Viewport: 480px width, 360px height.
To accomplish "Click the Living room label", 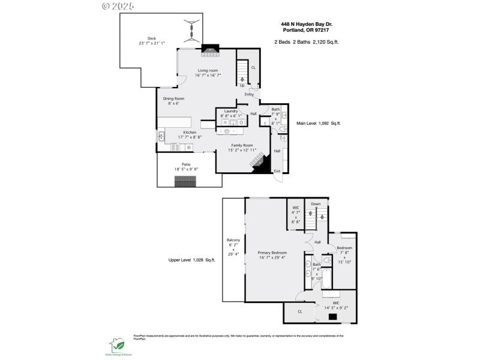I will pyautogui.click(x=208, y=71).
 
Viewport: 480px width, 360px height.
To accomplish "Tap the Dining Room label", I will pyautogui.click(x=173, y=98).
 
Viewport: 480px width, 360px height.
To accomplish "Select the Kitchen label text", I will pyautogui.click(x=190, y=132).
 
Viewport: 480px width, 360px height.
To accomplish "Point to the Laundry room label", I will pyautogui.click(x=232, y=111).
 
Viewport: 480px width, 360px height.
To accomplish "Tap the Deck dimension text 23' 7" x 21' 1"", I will pyautogui.click(x=152, y=43).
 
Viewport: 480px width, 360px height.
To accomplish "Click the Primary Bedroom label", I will pyautogui.click(x=272, y=253).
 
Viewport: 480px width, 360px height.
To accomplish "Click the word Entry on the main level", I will pyautogui.click(x=249, y=95).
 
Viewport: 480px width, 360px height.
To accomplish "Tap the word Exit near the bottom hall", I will pyautogui.click(x=277, y=172).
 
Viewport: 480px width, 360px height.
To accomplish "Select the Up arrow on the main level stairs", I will pyautogui.click(x=242, y=80).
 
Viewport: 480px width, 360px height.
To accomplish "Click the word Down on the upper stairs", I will pyautogui.click(x=316, y=204).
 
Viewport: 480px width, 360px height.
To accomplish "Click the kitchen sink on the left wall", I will pyautogui.click(x=161, y=136).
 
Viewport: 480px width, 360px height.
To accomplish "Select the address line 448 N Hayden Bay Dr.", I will pyautogui.click(x=307, y=25).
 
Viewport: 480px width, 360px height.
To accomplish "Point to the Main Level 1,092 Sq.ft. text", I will pyautogui.click(x=318, y=123).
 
